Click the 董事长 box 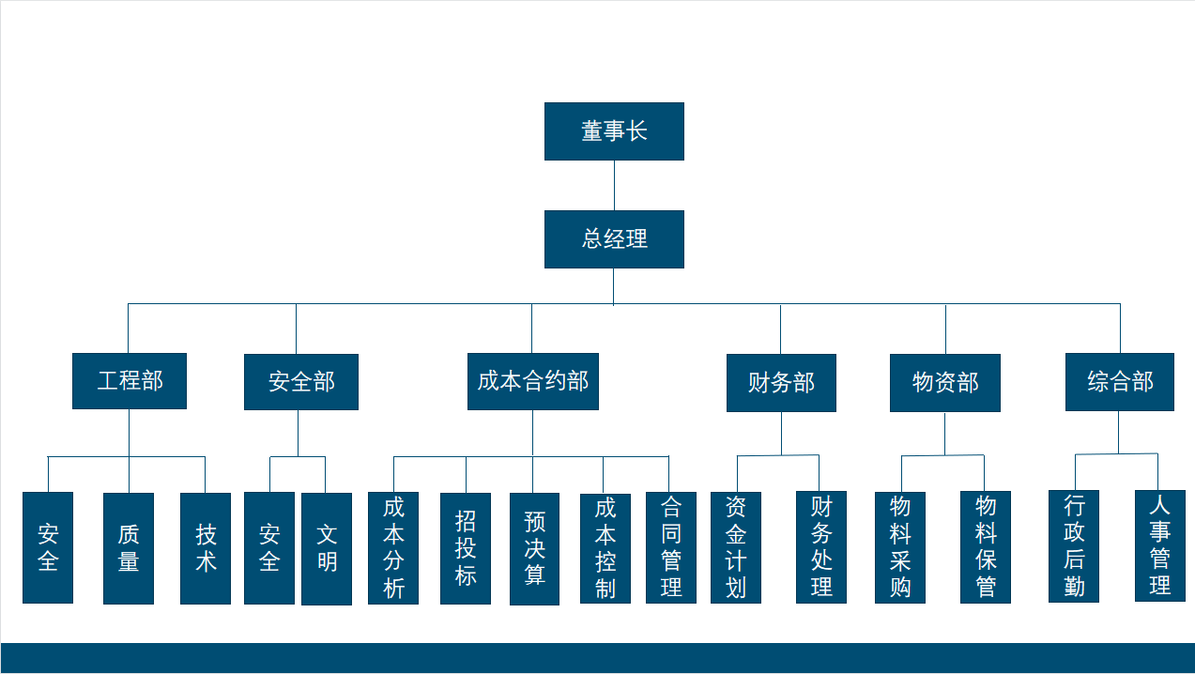pos(614,131)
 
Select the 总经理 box pos(614,239)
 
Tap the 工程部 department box pos(130,381)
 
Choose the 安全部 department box pos(300,382)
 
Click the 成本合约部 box pos(532,382)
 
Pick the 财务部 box pos(781,383)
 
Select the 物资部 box pos(944,383)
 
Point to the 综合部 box pos(1119,382)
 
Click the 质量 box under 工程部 pos(129,548)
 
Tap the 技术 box pos(206,548)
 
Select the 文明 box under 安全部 pos(327,549)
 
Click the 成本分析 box pos(393,548)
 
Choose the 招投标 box pos(466,548)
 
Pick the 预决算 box pos(534,549)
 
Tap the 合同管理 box pos(671,547)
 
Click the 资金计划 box pos(736,547)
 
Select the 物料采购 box pos(900,547)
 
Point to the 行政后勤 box pos(1074,546)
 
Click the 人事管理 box pos(1159,545)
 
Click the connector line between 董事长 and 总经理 pos(614,185)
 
